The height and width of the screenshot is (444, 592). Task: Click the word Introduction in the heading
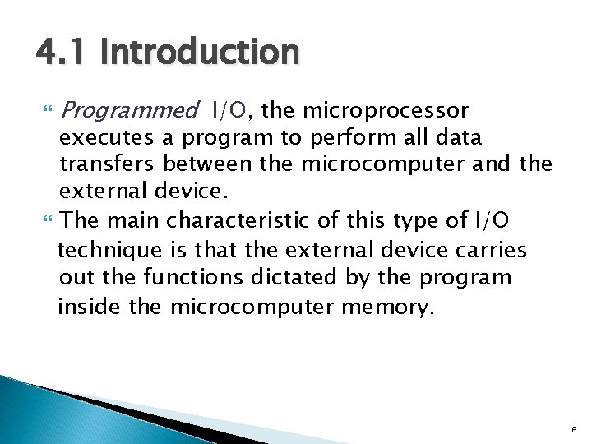pyautogui.click(x=200, y=53)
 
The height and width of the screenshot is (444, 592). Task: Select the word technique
pyautogui.click(x=101, y=249)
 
